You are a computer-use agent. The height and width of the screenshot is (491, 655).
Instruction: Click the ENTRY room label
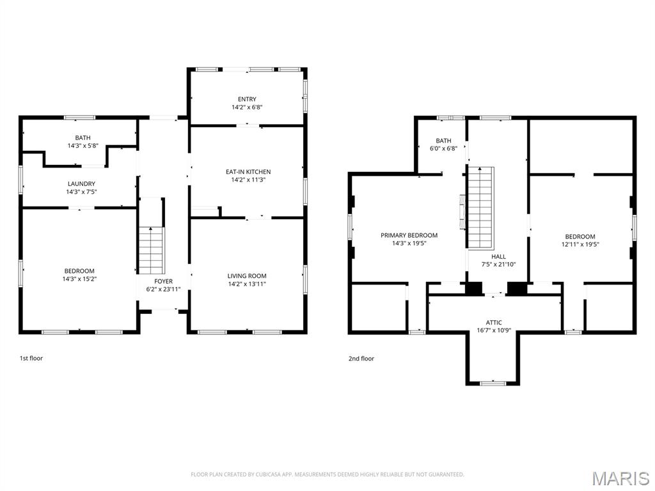(247, 99)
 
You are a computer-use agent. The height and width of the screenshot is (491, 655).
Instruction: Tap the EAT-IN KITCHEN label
(248, 172)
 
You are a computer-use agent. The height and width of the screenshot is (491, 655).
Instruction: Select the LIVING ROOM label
(247, 276)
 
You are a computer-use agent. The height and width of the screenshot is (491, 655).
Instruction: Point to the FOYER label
(163, 281)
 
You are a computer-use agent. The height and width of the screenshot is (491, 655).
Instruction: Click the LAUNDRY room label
(81, 183)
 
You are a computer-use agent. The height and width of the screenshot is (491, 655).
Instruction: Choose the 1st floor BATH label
(83, 137)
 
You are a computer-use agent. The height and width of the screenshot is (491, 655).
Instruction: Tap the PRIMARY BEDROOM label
(409, 235)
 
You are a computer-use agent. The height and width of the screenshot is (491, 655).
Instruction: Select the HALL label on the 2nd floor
(498, 256)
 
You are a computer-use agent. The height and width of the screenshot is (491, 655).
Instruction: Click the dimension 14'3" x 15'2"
(79, 279)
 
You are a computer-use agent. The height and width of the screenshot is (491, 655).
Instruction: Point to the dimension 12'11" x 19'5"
(580, 244)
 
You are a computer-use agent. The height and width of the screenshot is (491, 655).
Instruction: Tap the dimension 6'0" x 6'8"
(443, 148)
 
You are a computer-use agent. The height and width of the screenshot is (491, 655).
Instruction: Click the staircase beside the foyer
(152, 251)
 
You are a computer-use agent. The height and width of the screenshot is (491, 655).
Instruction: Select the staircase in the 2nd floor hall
(480, 207)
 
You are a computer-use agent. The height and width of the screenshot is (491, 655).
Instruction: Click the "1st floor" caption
(31, 359)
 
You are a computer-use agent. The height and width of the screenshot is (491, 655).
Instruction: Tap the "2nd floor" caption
(361, 359)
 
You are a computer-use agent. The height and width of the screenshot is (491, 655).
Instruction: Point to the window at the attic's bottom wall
(493, 383)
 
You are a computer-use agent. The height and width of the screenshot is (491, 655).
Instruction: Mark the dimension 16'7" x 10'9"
(493, 331)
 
